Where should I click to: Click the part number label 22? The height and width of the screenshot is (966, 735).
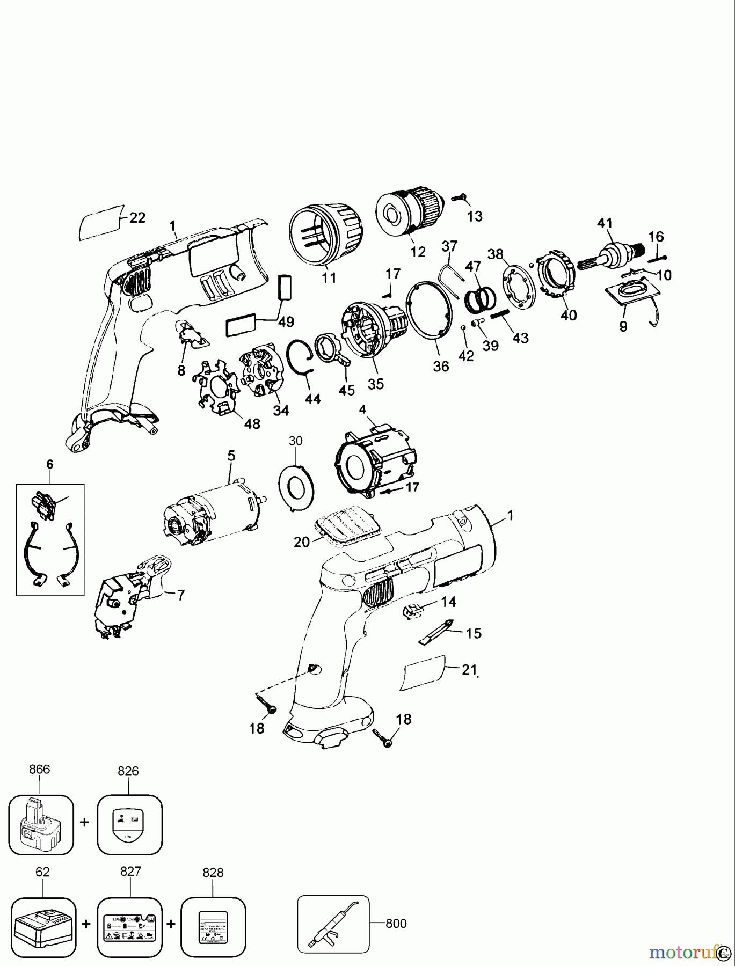click(137, 218)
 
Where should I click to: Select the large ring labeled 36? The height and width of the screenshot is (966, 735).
click(428, 311)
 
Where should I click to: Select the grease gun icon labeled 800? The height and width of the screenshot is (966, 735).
click(333, 923)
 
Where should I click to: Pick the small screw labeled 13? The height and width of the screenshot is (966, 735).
click(458, 198)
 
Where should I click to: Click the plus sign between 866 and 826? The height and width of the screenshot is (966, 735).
click(84, 823)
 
